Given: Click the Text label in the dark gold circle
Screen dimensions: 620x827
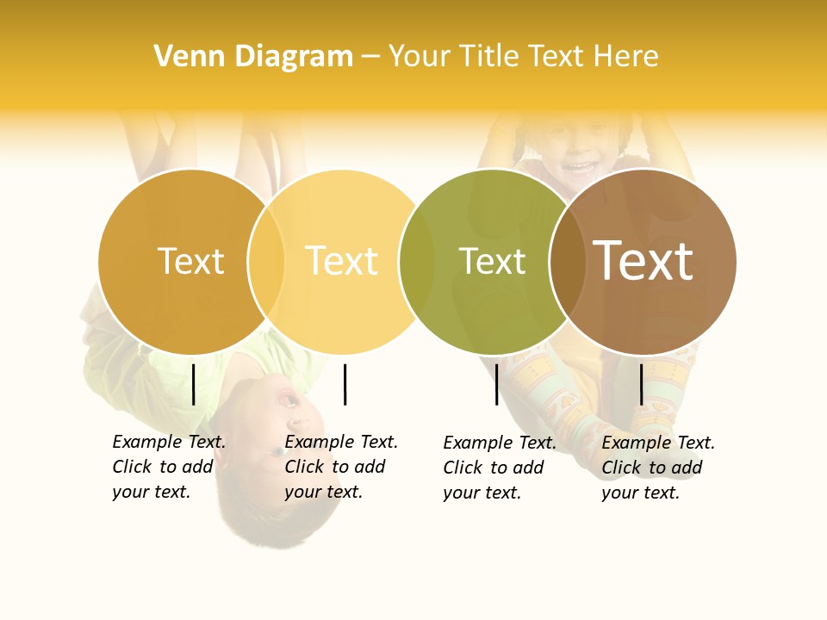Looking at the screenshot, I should [x=190, y=261].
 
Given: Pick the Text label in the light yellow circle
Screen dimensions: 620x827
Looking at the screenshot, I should [x=342, y=261].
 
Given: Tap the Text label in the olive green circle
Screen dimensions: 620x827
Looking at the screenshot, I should [x=492, y=261].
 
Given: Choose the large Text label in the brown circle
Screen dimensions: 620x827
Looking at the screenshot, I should [x=644, y=261].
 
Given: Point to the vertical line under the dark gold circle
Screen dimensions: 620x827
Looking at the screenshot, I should [x=194, y=384].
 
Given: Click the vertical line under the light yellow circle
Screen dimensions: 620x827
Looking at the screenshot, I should [x=345, y=384].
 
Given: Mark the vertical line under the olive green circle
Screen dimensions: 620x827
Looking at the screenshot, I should [x=496, y=384].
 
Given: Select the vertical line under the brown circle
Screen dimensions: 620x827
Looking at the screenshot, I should [x=641, y=384].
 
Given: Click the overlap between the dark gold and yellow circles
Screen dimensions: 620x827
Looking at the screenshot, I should [x=267, y=261].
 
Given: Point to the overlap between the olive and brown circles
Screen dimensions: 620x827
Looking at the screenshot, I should [x=569, y=261].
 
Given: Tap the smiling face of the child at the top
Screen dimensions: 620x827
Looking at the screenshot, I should [x=579, y=155].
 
